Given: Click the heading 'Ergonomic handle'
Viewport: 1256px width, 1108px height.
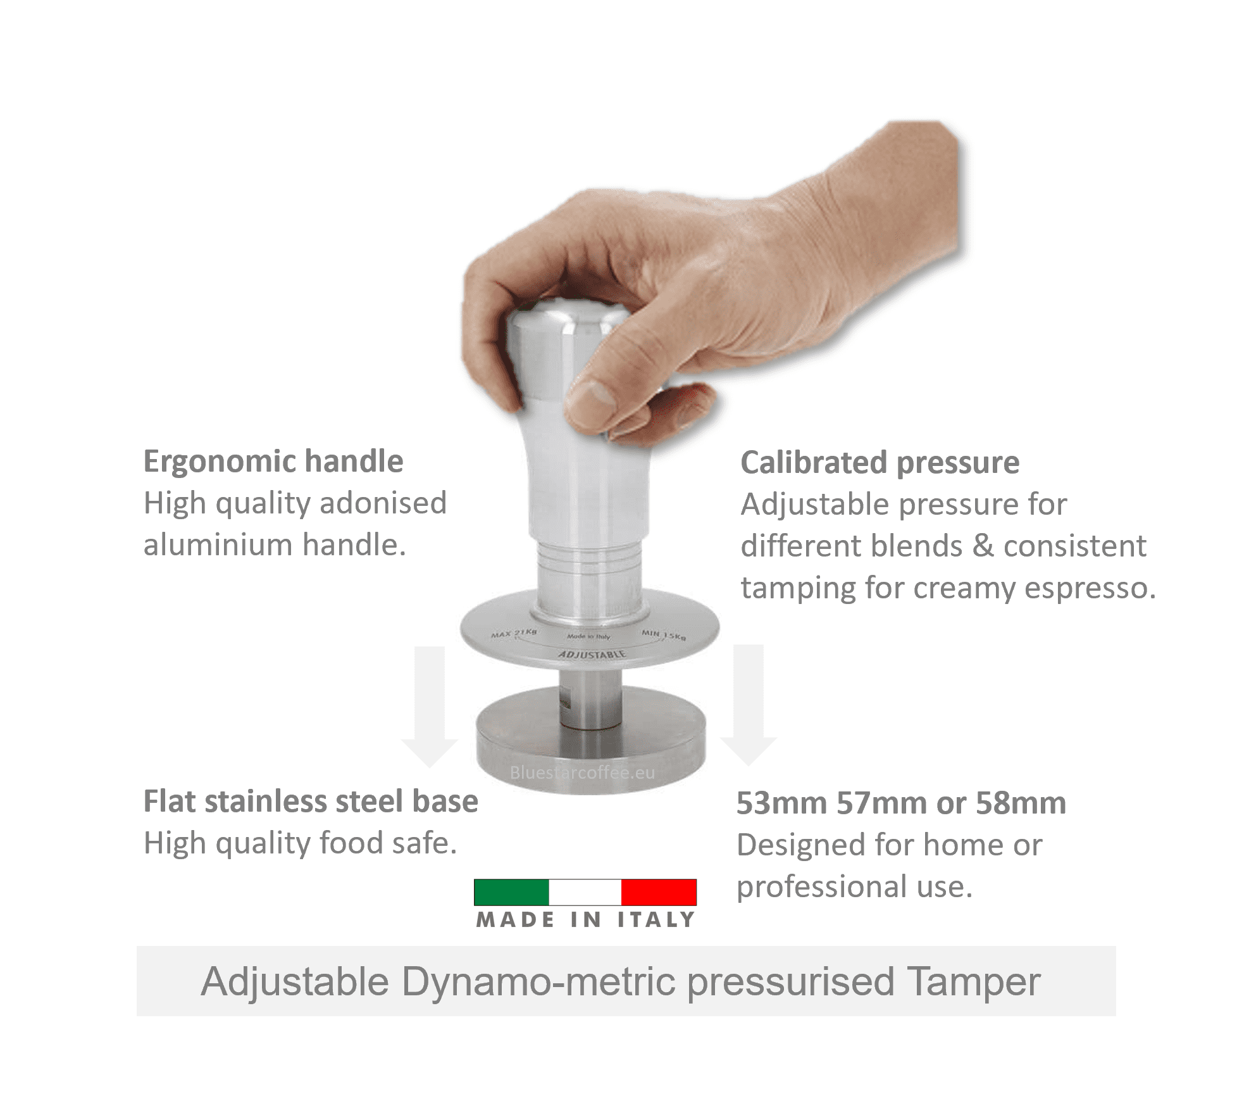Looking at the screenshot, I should (x=273, y=461).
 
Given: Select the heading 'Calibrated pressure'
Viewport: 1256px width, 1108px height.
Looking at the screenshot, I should (x=880, y=462).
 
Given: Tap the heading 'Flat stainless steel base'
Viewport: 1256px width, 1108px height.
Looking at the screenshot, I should (x=311, y=801).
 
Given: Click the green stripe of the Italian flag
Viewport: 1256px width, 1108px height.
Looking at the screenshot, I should (x=511, y=892).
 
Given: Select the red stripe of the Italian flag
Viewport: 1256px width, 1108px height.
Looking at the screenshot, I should (x=659, y=892).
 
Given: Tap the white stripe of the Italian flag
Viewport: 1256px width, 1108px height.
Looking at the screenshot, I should (x=585, y=892).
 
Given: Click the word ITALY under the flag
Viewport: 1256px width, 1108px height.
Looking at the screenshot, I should (x=656, y=920).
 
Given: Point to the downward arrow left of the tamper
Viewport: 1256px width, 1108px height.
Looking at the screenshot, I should (x=430, y=709).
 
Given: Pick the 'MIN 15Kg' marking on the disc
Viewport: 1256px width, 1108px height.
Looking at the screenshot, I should (x=664, y=635).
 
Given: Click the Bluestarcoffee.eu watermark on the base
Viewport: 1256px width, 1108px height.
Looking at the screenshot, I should (x=582, y=773).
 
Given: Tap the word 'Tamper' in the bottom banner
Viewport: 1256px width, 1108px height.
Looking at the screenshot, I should (x=973, y=982).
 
